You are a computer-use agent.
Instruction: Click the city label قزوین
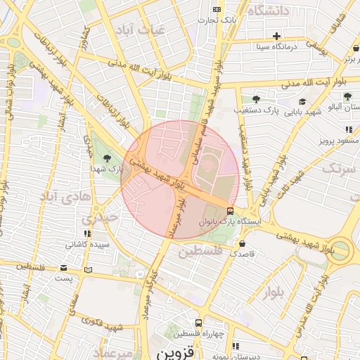[x=172, y=352]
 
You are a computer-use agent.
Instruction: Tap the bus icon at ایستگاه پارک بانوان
[x=231, y=211]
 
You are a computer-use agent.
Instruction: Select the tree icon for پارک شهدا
[x=107, y=157]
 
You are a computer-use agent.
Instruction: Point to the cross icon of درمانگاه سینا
[x=277, y=36]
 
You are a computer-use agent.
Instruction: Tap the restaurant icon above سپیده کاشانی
[x=87, y=233]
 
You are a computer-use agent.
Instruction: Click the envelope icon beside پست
[x=64, y=268]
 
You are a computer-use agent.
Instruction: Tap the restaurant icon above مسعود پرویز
[x=349, y=129]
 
